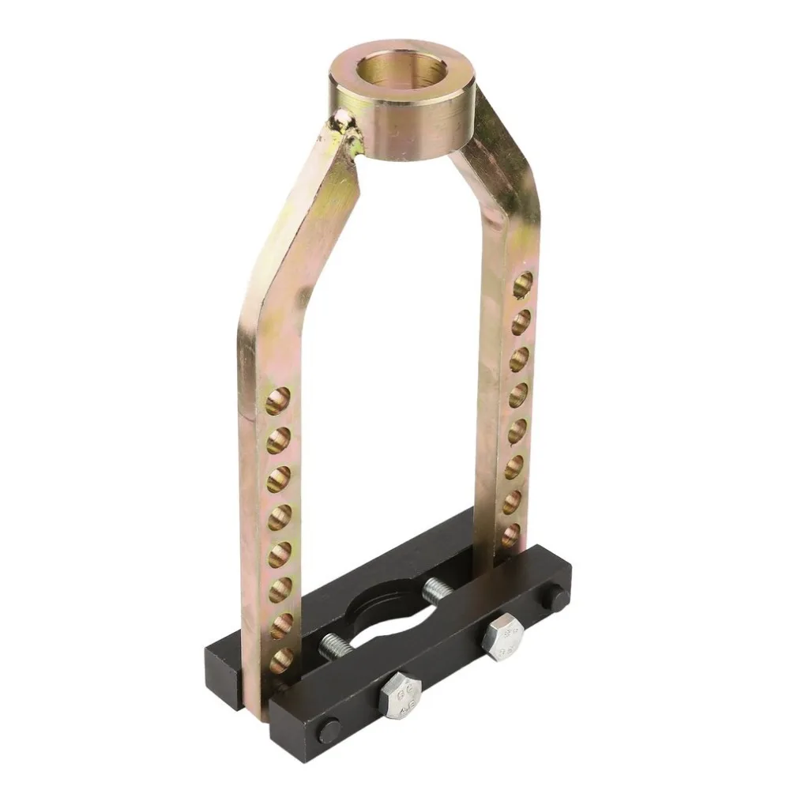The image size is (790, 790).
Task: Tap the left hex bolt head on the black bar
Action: point(400,693)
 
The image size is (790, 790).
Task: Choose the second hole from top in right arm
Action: point(520,322)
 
